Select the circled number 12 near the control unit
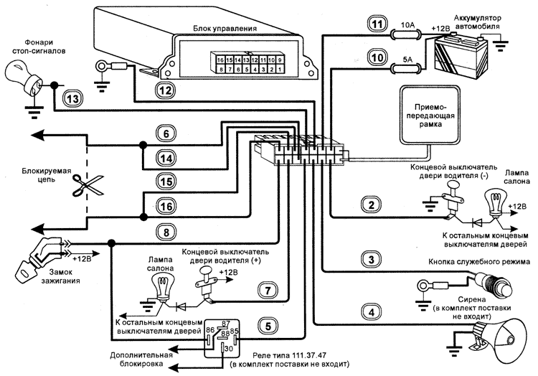(x=166, y=90)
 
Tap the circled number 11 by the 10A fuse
(x=377, y=24)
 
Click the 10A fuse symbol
(x=405, y=33)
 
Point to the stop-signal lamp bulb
(x=25, y=75)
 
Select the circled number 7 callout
(x=266, y=291)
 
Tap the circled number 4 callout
(x=371, y=312)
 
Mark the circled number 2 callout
(x=370, y=206)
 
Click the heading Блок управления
(x=225, y=29)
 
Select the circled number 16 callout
(x=165, y=207)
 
